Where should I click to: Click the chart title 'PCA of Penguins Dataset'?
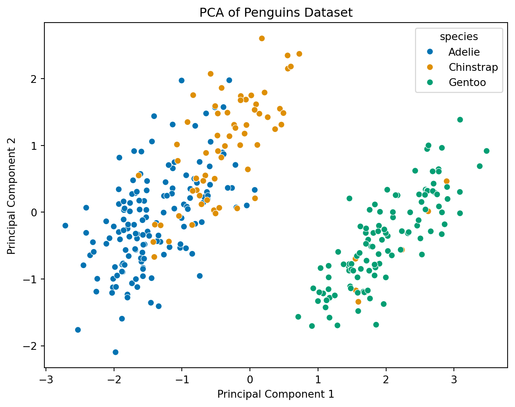pos(276,13)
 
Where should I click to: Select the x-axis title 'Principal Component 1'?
pos(276,394)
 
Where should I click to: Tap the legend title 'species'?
pos(459,37)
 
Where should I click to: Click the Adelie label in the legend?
pos(464,52)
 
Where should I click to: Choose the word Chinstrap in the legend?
pos(473,67)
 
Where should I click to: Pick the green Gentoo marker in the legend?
pos(430,82)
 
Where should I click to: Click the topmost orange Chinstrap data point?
pos(262,39)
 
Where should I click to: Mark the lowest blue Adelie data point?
pos(115,352)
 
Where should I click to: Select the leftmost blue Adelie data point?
pos(65,226)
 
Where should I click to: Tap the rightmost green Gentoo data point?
pos(486,151)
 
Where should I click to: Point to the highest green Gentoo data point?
pos(460,119)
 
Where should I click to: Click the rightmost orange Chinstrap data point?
pos(446,181)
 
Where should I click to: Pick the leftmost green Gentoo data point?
pos(298,317)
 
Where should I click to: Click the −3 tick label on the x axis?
pos(46,378)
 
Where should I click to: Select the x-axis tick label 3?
pos(454,378)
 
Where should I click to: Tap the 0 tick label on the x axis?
pos(250,378)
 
